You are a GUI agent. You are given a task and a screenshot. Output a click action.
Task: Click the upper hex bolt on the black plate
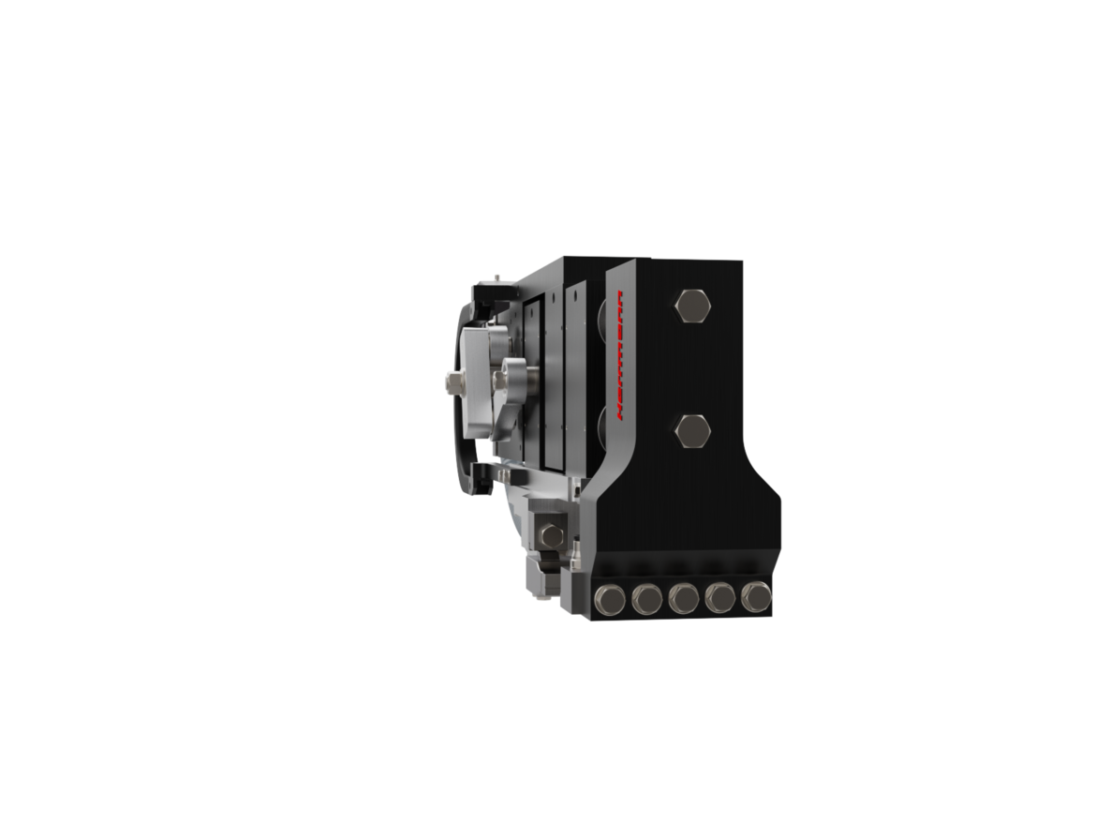coord(692,307)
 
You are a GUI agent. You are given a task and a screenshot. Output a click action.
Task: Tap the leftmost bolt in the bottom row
coord(612,600)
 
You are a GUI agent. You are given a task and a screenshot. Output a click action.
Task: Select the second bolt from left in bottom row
coord(646,599)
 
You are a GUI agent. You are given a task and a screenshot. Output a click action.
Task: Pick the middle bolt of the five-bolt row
coord(683,598)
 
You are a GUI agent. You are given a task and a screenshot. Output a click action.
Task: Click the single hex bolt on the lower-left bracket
coord(552,536)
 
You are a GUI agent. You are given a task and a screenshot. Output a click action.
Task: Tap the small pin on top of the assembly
coord(496,277)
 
